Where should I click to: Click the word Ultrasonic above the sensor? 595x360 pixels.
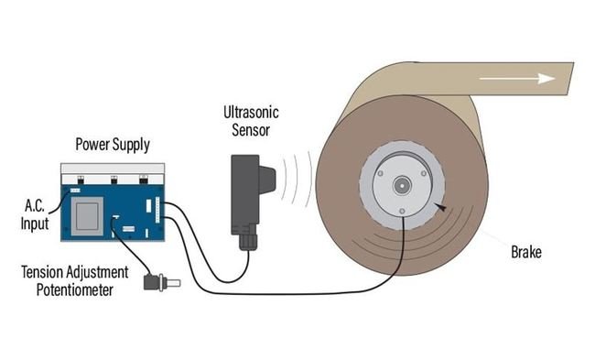[x=251, y=113]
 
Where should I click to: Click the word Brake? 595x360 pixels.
[x=526, y=250]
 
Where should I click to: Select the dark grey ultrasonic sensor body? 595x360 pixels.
[x=246, y=191]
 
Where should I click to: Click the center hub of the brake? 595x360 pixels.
[x=402, y=185]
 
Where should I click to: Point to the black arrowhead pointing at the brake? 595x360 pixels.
[x=442, y=208]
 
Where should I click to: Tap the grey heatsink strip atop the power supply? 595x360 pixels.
[x=113, y=171]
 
